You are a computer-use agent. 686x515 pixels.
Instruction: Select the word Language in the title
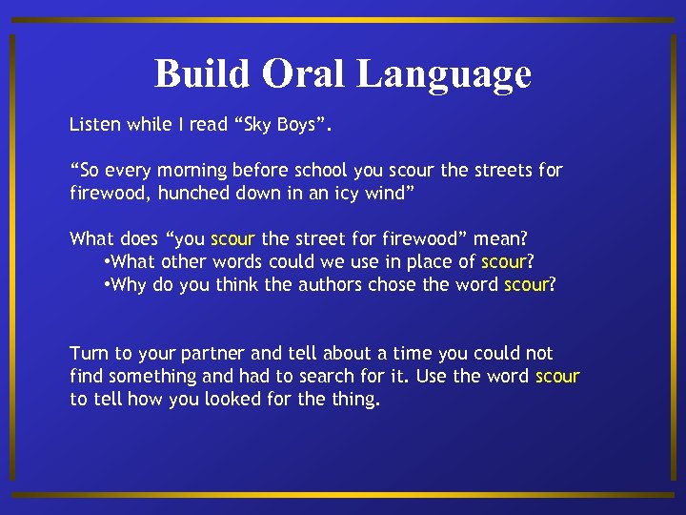446,75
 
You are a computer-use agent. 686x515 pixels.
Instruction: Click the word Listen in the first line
94,125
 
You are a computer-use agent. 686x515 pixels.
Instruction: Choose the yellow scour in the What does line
232,239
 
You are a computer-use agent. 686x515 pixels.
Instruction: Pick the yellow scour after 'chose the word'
526,285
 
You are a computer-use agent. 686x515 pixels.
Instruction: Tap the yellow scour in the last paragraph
557,377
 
